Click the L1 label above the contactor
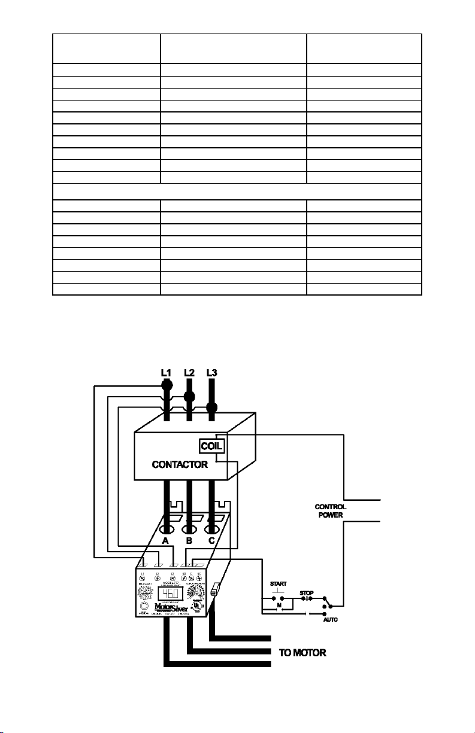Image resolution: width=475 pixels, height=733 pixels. [167, 372]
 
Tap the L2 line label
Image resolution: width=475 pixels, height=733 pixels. [189, 372]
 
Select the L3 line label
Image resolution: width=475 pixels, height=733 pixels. [211, 372]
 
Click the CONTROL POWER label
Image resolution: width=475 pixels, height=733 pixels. [331, 510]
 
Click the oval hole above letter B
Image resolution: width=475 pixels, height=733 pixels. [189, 530]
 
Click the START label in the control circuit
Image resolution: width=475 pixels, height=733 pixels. [278, 583]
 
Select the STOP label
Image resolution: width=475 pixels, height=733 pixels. [307, 594]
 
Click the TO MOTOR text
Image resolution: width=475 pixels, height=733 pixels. [302, 653]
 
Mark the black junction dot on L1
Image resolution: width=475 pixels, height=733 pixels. [167, 385]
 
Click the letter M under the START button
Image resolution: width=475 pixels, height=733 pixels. [277, 606]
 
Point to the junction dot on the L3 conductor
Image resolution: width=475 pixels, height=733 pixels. [211, 407]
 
